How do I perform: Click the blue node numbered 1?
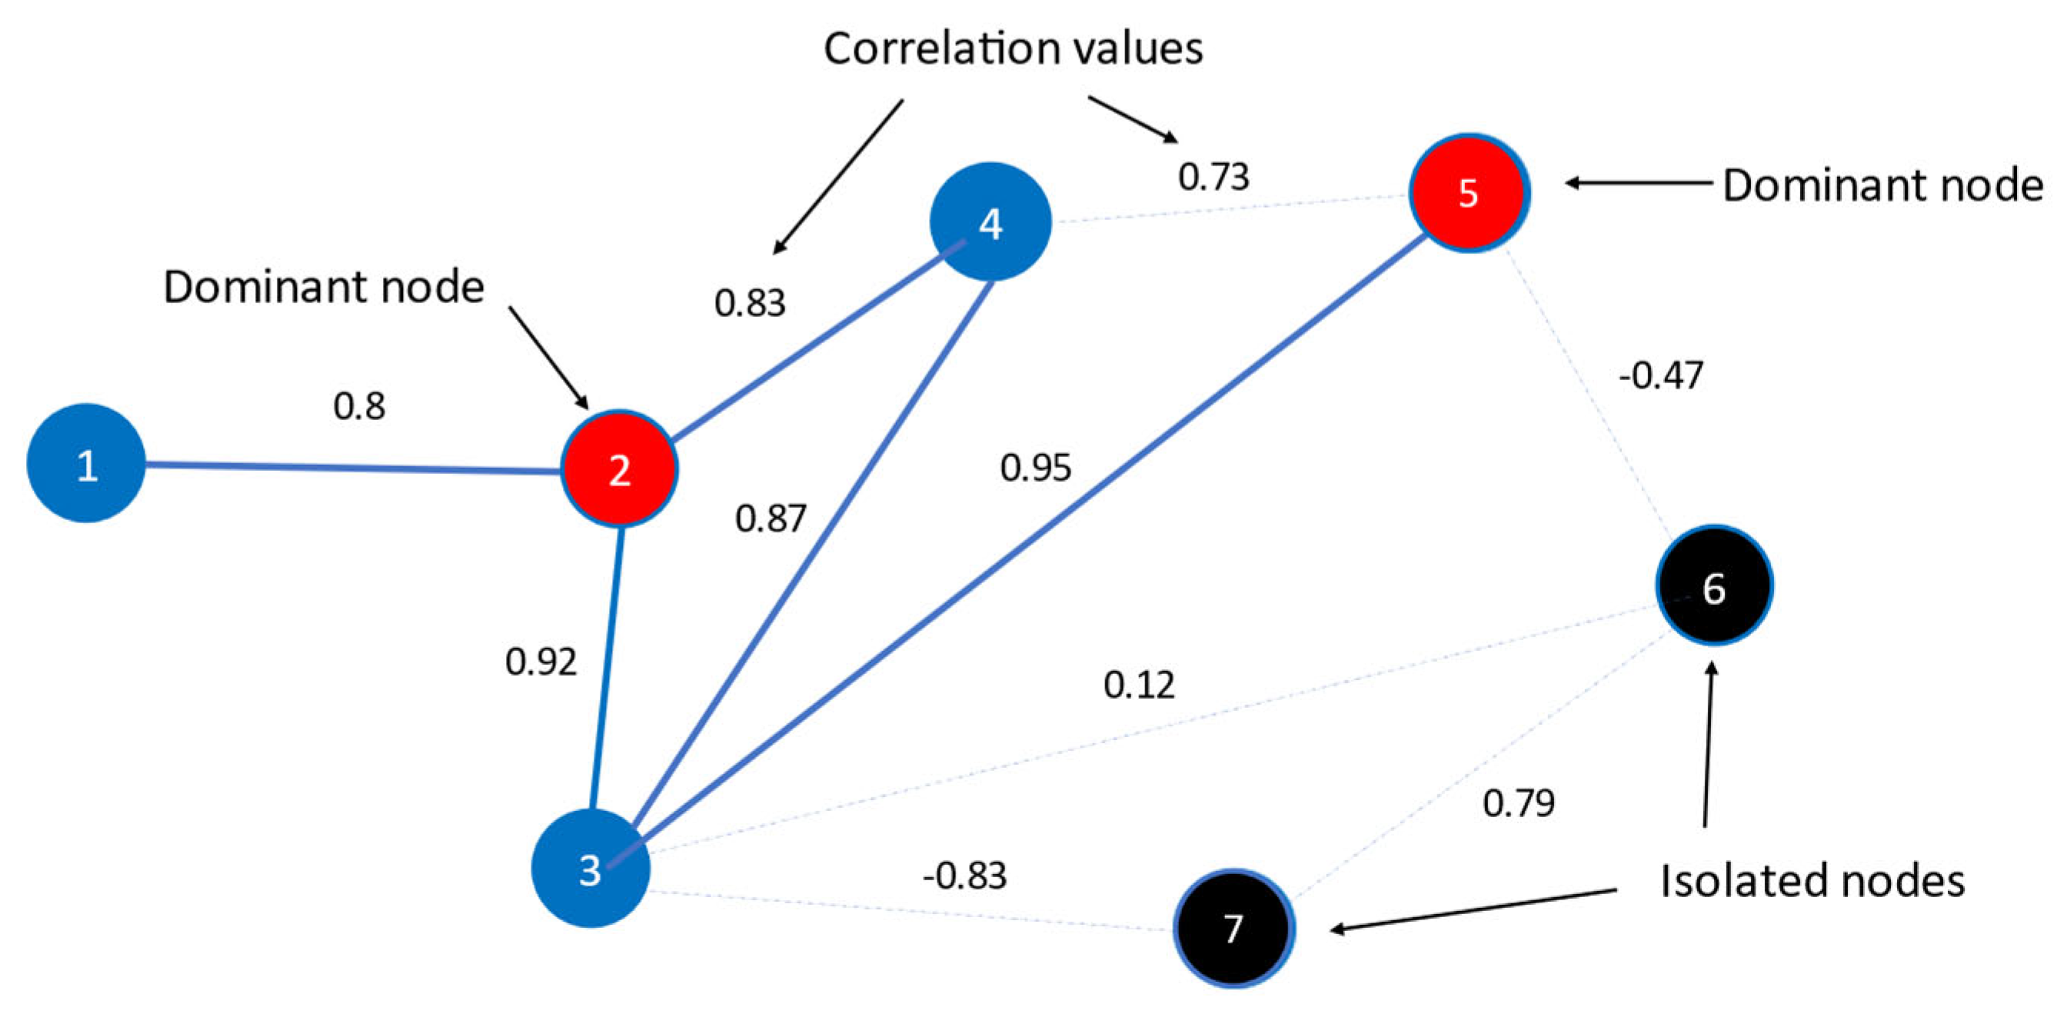[87, 463]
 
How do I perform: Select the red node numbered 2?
[619, 469]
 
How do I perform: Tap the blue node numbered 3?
[591, 869]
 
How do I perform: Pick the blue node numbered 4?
[990, 222]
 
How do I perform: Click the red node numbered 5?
[1470, 193]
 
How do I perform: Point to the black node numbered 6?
[1714, 586]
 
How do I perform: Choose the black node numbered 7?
[1234, 928]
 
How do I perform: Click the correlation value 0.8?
[359, 407]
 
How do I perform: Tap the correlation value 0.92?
[541, 662]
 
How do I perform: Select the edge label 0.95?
[1035, 468]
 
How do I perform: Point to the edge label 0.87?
[770, 519]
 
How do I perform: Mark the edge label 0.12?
[1139, 686]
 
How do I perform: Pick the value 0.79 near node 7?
[1518, 803]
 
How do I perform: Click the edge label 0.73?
[1213, 177]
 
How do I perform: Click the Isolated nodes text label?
[1813, 881]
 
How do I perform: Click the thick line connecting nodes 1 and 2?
[352, 467]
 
